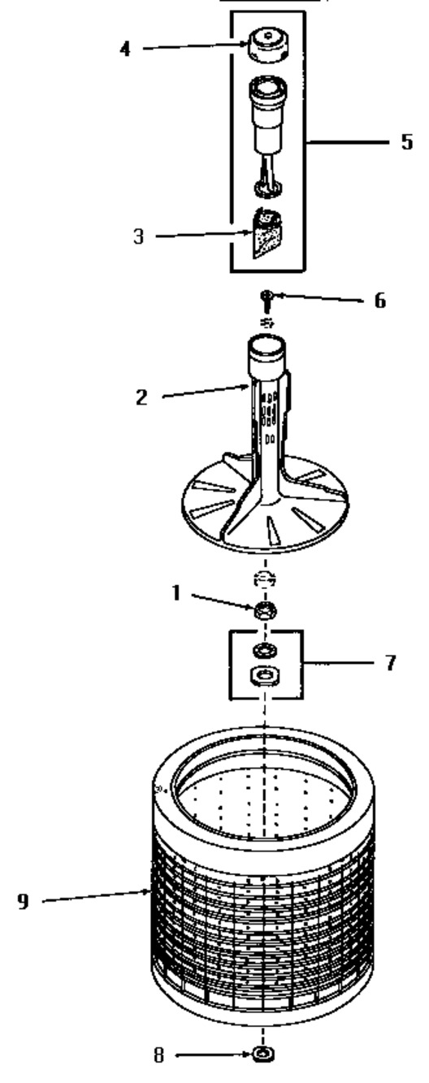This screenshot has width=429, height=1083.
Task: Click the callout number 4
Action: pyautogui.click(x=125, y=49)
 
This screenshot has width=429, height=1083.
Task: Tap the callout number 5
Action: pyautogui.click(x=407, y=141)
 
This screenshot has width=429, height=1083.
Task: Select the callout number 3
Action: pyautogui.click(x=139, y=236)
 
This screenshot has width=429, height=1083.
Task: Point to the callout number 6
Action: pyautogui.click(x=380, y=301)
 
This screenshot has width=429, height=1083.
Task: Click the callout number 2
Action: pyautogui.click(x=141, y=397)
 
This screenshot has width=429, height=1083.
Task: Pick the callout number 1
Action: pyautogui.click(x=176, y=593)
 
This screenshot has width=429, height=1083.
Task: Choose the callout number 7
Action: pyautogui.click(x=391, y=662)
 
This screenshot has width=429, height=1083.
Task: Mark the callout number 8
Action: pyautogui.click(x=159, y=1068)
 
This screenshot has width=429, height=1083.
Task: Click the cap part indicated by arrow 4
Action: pyautogui.click(x=269, y=45)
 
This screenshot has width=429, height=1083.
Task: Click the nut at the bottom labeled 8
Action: pyautogui.click(x=263, y=1067)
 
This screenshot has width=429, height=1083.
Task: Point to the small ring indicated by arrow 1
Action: pyautogui.click(x=265, y=611)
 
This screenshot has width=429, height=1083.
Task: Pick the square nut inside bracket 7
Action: pyautogui.click(x=264, y=675)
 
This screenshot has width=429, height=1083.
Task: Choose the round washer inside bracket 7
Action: pyautogui.click(x=265, y=650)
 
